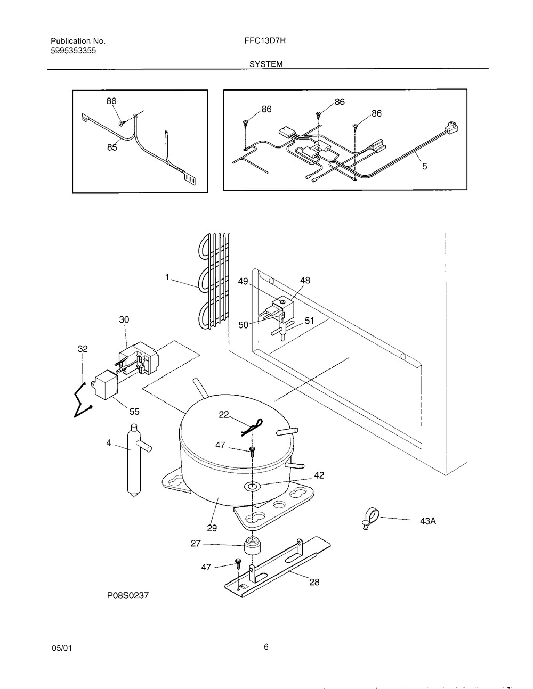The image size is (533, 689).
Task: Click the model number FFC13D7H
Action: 265,40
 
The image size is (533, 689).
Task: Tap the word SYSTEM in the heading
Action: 266,64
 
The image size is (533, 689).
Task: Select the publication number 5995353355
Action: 74,51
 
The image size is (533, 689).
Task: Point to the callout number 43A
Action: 428,521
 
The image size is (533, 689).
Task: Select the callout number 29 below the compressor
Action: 212,528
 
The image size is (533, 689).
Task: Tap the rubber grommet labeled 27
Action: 253,546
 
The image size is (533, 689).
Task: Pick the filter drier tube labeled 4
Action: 136,460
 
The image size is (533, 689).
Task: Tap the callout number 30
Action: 124,319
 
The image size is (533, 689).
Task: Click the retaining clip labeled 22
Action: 252,428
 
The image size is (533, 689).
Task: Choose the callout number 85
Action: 112,147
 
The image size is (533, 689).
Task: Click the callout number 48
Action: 305,280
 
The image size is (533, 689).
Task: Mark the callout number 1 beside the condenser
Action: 167,277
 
